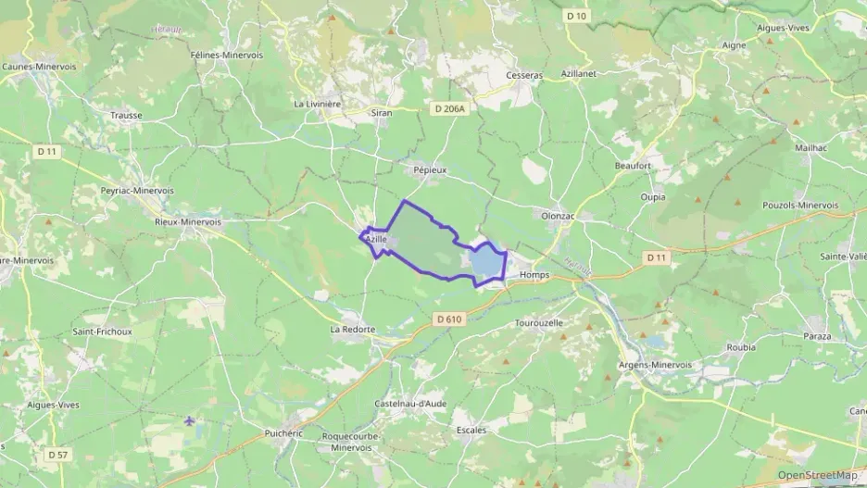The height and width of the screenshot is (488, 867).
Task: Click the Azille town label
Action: (375, 239)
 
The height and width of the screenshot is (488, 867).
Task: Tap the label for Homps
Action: (534, 275)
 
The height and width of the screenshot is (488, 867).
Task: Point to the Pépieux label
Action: (430, 171)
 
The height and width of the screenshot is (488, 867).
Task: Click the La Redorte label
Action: (353, 329)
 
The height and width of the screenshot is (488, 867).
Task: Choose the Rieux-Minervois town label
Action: (188, 222)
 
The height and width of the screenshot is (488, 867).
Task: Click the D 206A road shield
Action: (450, 108)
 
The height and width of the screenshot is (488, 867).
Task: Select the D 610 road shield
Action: (449, 319)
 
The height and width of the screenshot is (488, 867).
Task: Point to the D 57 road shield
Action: (57, 454)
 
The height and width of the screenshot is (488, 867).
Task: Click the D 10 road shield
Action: (576, 16)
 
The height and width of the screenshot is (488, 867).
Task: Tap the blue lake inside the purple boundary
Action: (485, 265)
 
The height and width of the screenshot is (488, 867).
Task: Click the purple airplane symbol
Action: (190, 421)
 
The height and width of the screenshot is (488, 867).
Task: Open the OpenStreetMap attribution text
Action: (816, 475)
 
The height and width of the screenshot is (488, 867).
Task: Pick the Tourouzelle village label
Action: (538, 323)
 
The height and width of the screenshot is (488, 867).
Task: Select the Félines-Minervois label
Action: (227, 55)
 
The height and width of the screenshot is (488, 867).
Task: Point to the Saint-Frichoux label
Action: (102, 331)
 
